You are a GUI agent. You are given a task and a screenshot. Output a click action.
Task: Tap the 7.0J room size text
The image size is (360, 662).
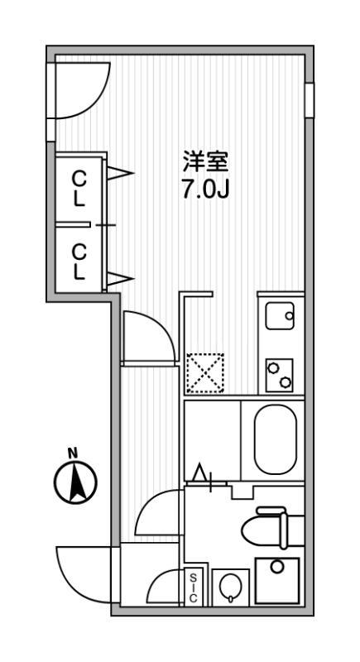coord(205,190)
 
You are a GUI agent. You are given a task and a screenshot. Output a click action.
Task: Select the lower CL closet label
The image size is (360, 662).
coord(79,263)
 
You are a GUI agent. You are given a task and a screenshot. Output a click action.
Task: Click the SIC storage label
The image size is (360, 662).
coord(193,587)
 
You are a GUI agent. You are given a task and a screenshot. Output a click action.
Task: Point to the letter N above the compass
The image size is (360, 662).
coord(73,453)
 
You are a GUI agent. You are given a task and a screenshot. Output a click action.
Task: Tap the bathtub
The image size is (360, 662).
coord(276,439)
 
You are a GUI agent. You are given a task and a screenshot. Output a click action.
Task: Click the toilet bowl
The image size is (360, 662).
coord(265,527)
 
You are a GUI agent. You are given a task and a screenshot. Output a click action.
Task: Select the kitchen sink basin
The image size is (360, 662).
coord(280,316)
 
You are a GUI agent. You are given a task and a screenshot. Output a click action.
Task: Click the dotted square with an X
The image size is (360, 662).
coord(205,373)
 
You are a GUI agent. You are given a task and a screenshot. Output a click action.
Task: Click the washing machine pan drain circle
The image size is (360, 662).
coord(277,567)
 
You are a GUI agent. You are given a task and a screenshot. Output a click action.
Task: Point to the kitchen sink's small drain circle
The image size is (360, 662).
coord(289,315)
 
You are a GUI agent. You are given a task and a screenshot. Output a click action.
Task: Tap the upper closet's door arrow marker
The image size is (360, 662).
coord(120,173)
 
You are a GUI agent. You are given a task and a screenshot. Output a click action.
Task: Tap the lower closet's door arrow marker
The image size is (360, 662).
coord(120,279)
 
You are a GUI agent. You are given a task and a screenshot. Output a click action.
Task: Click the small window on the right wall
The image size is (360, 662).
coord(310,100)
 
